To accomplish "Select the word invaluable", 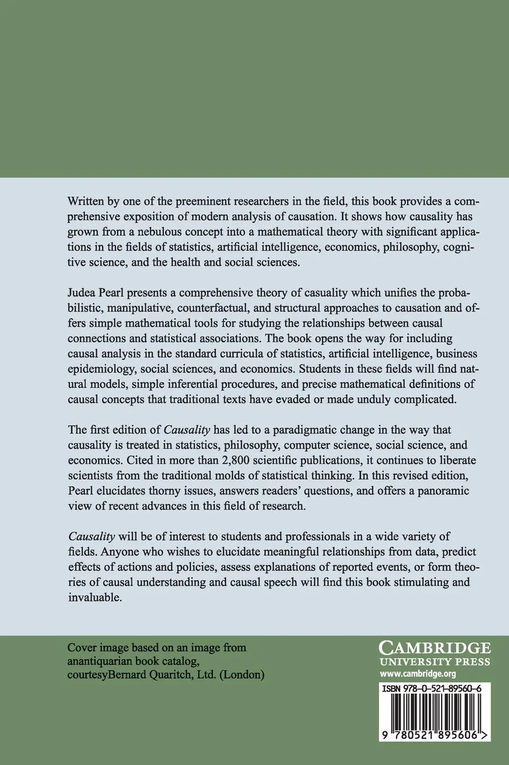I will tap(94, 597).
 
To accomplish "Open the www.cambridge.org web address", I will tap(417, 673).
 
